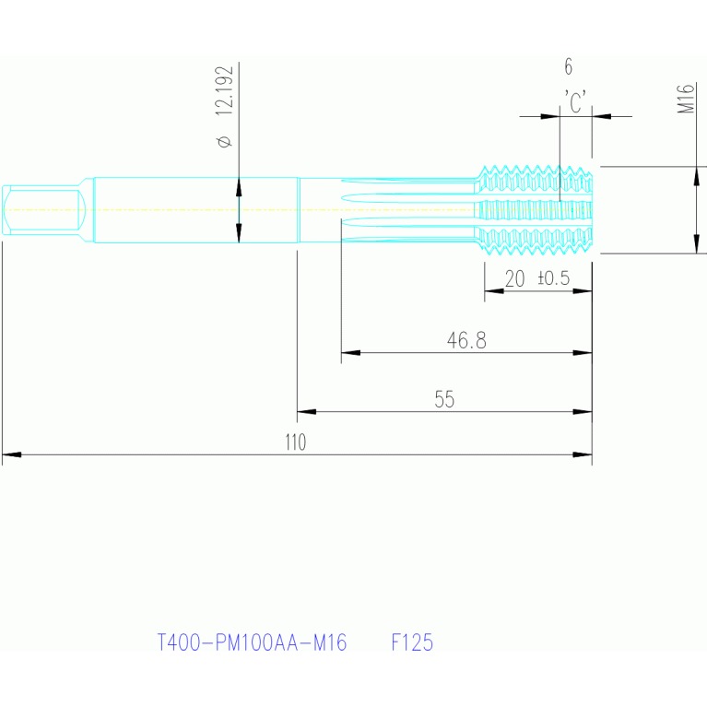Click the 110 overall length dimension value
pyautogui.click(x=296, y=442)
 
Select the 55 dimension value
pyautogui.click(x=444, y=399)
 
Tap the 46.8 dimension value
pyautogui.click(x=466, y=340)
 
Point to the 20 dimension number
pyautogui.click(x=514, y=278)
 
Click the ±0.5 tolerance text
pyautogui.click(x=554, y=277)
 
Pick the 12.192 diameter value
pyautogui.click(x=225, y=90)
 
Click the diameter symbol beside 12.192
pyautogui.click(x=225, y=141)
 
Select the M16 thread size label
pyautogui.click(x=686, y=99)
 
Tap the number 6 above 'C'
pyautogui.click(x=569, y=66)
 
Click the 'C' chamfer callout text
pyautogui.click(x=575, y=101)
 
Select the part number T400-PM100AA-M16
pyautogui.click(x=252, y=642)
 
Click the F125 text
pyautogui.click(x=412, y=642)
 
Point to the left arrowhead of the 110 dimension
pyautogui.click(x=12, y=454)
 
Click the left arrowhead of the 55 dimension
pyautogui.click(x=307, y=412)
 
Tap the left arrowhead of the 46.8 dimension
pyautogui.click(x=351, y=352)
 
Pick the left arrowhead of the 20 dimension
pyautogui.click(x=494, y=291)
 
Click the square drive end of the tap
pyautogui.click(x=43, y=209)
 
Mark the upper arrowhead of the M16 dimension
pyautogui.click(x=697, y=176)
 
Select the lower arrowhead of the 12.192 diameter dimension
pyautogui.click(x=239, y=233)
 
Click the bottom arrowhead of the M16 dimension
pyautogui.click(x=697, y=244)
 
